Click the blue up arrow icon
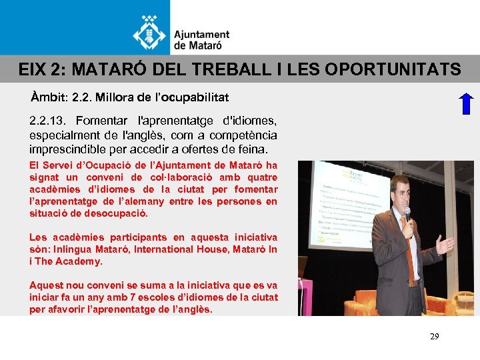[466, 104]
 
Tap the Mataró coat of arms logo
[150, 31]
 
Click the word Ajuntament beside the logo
[201, 35]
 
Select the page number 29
[434, 337]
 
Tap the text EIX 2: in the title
[41, 69]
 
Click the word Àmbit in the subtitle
[48, 97]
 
